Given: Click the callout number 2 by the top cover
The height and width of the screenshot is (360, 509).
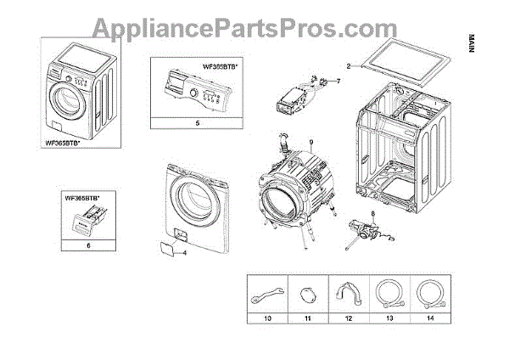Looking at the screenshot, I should point(349,65).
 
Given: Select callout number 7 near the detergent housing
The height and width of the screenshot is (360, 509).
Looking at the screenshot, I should point(337,81).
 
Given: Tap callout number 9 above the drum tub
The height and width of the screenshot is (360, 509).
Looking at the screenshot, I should point(311,141).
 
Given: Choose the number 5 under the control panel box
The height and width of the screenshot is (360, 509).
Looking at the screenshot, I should point(197,123).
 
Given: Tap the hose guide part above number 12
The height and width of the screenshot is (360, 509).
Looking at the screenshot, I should point(344,293).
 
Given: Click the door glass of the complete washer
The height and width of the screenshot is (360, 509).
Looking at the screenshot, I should point(65,102).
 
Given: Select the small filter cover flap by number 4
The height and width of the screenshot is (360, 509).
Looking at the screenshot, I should point(162,247).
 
